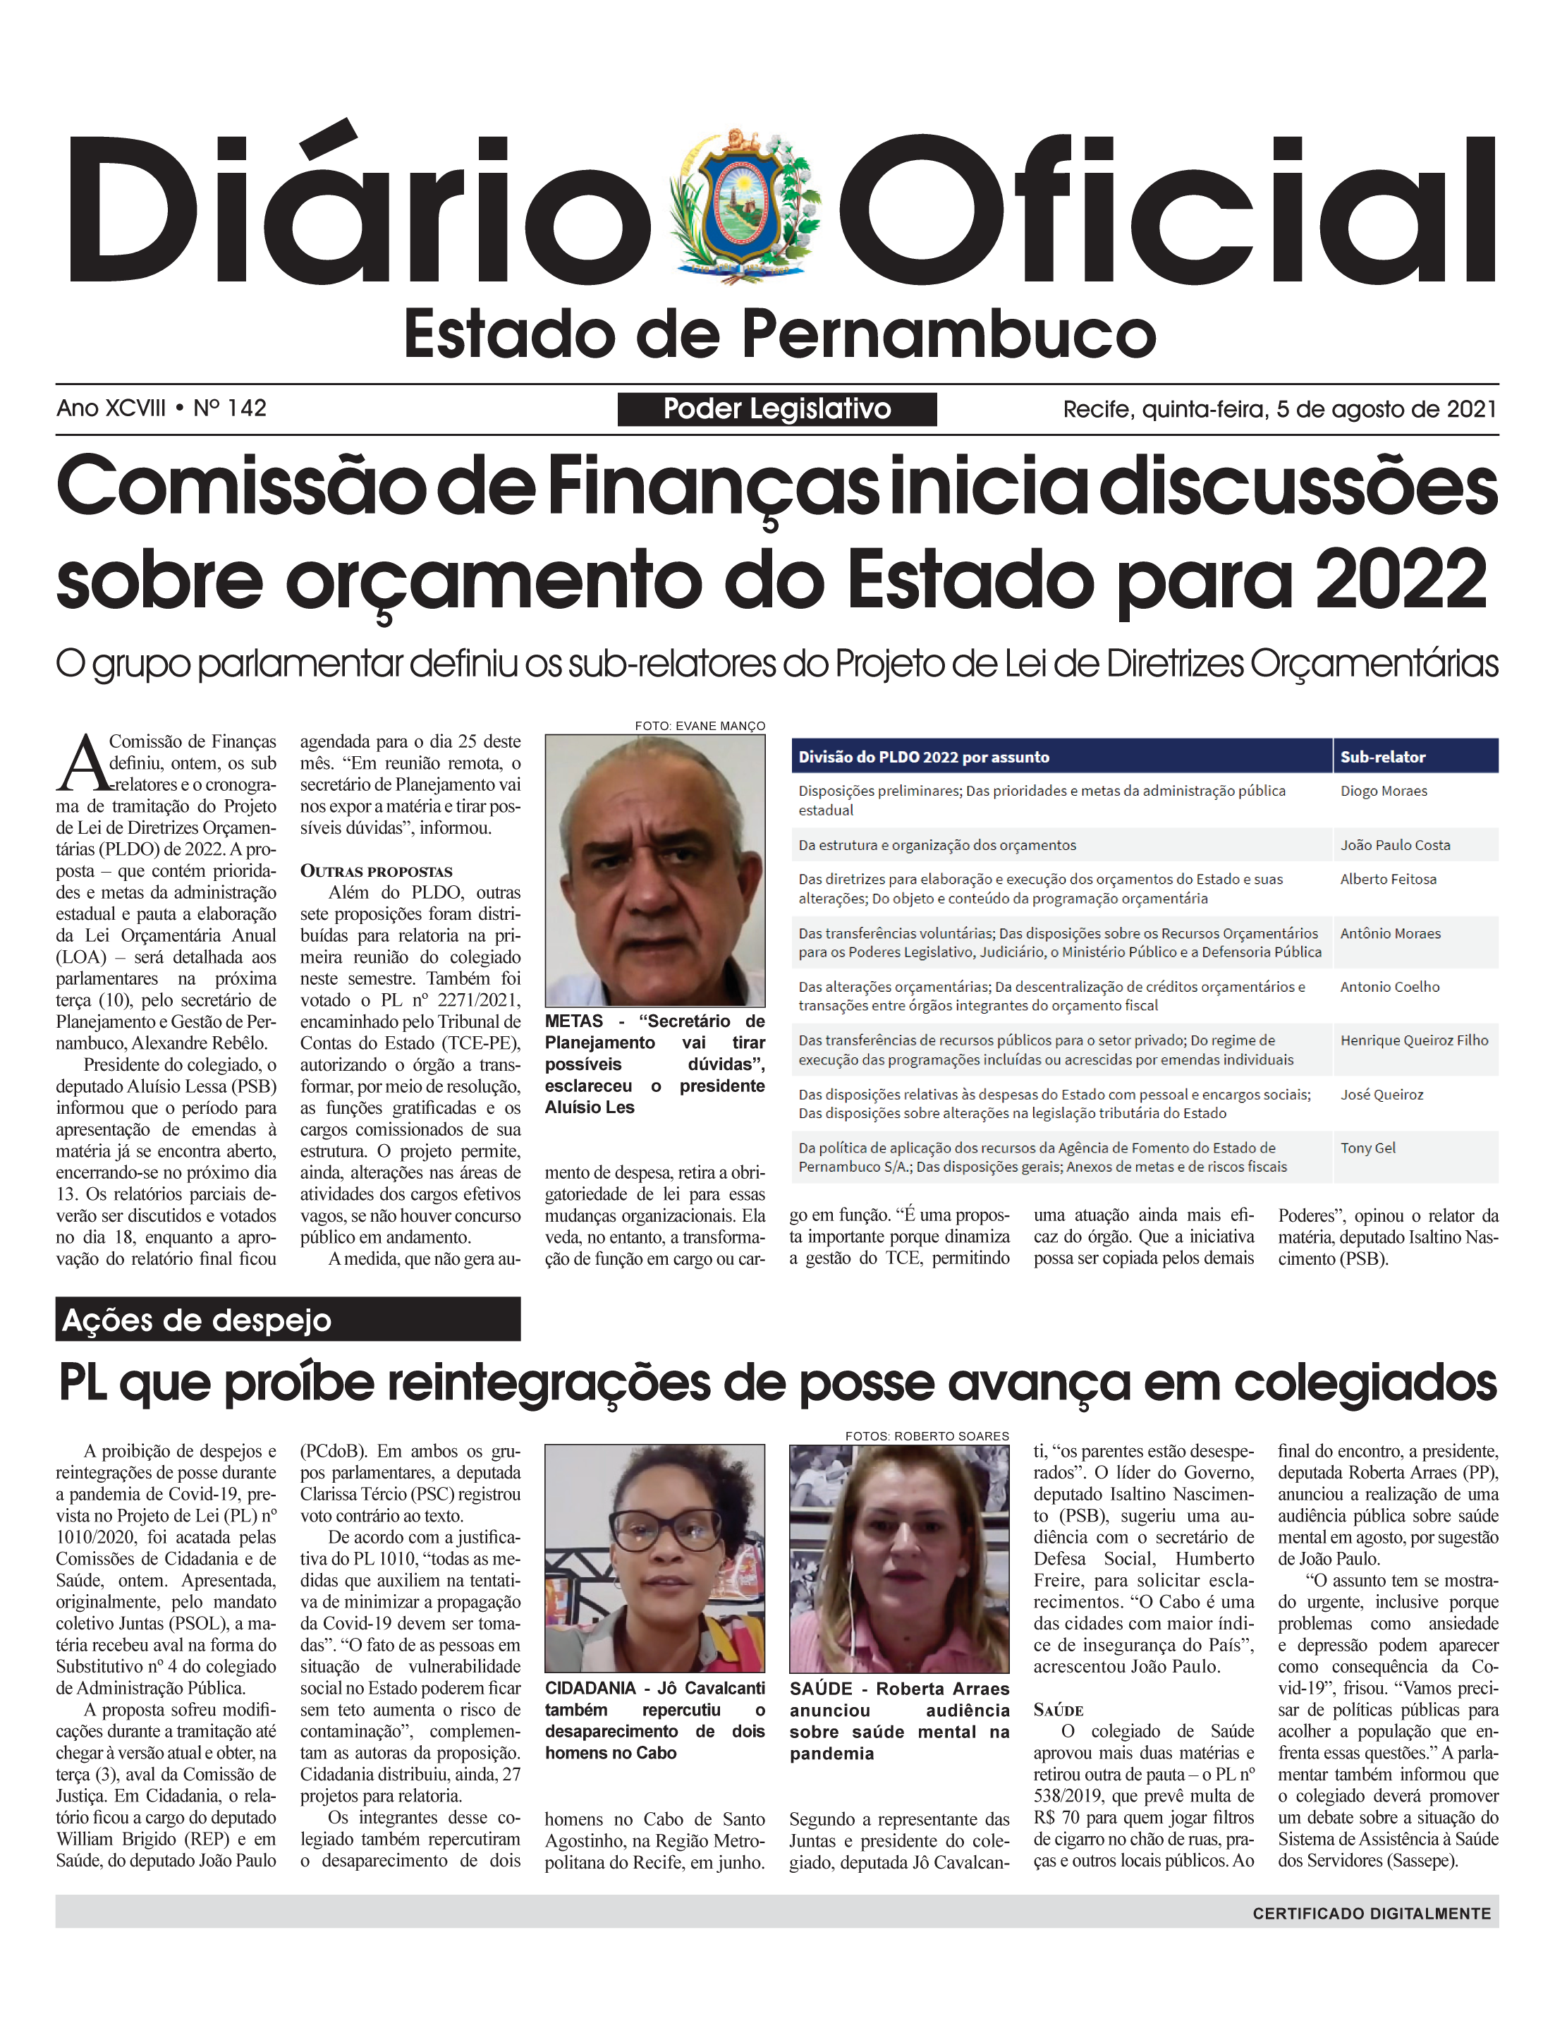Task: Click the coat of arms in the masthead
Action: point(743,205)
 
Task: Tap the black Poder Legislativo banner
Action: point(776,409)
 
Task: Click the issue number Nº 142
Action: point(230,408)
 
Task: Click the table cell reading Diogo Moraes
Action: point(1383,791)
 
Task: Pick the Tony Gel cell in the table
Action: point(1367,1148)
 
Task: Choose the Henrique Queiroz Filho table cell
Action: point(1413,1040)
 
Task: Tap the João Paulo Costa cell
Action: point(1395,845)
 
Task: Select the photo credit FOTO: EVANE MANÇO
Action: point(700,726)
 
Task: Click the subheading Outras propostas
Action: point(376,871)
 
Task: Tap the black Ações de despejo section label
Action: point(288,1320)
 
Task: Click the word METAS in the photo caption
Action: point(574,1021)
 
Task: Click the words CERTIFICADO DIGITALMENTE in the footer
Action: point(1371,1913)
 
